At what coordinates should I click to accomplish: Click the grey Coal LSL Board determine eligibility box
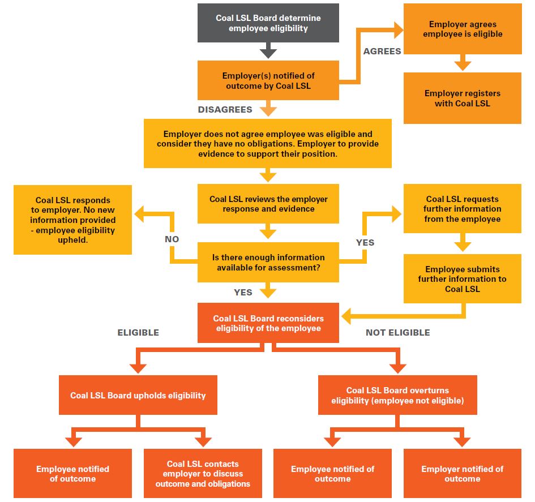pos(268,23)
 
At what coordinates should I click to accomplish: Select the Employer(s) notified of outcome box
pos(268,80)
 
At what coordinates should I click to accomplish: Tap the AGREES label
pos(382,51)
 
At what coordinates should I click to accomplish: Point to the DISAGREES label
pos(225,109)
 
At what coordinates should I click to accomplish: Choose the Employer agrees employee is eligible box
pos(462,29)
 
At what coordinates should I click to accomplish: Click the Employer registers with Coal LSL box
pos(462,98)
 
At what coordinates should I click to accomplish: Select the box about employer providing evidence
pos(267,144)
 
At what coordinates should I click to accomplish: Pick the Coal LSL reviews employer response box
pos(268,204)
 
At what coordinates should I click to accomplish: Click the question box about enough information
pos(268,262)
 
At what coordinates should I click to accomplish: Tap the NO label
pos(172,239)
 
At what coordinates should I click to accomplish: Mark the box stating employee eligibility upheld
pos(72,220)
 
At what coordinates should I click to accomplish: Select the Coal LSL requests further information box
pos(462,209)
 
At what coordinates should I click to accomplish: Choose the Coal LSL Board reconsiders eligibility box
pos(268,323)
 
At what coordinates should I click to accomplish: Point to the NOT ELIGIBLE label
pos(397,332)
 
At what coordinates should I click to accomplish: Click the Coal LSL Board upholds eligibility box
pos(138,395)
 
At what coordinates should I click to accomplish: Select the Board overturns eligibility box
pos(397,395)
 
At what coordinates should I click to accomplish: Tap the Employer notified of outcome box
pos(462,474)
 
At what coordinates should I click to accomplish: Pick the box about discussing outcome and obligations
pos(203,474)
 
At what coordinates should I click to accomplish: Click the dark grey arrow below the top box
pos(268,52)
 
